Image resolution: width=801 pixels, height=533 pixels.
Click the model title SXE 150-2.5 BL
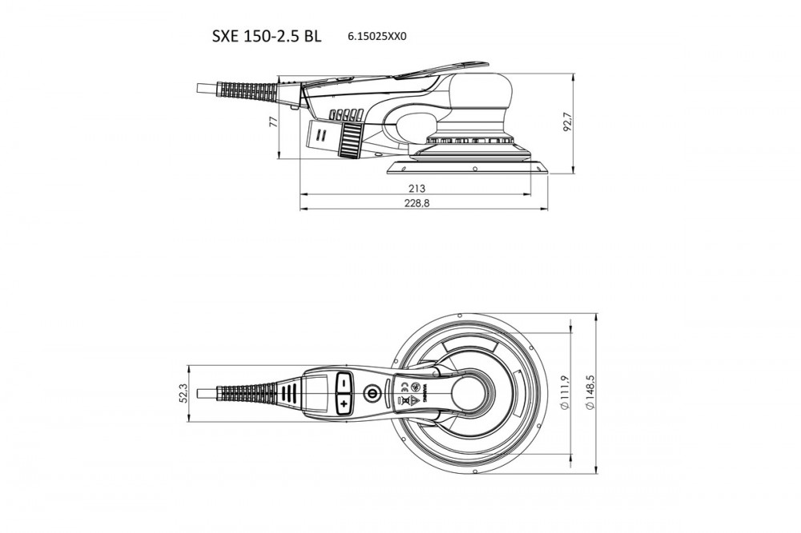[267, 36]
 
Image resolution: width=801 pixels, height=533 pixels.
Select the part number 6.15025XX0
[377, 37]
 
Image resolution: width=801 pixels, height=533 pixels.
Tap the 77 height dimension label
[273, 121]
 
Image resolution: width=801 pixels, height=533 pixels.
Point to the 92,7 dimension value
[566, 122]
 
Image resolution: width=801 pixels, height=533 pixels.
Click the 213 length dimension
[417, 189]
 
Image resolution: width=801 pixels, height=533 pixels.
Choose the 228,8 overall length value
[417, 203]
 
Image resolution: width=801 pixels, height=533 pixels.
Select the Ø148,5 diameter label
[590, 392]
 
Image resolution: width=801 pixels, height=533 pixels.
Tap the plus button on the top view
[344, 404]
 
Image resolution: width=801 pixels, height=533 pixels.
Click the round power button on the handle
[371, 393]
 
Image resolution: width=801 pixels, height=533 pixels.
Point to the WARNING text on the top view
[424, 393]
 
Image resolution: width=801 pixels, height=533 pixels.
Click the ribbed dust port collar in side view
[351, 140]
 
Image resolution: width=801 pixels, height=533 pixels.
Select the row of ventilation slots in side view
[346, 114]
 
